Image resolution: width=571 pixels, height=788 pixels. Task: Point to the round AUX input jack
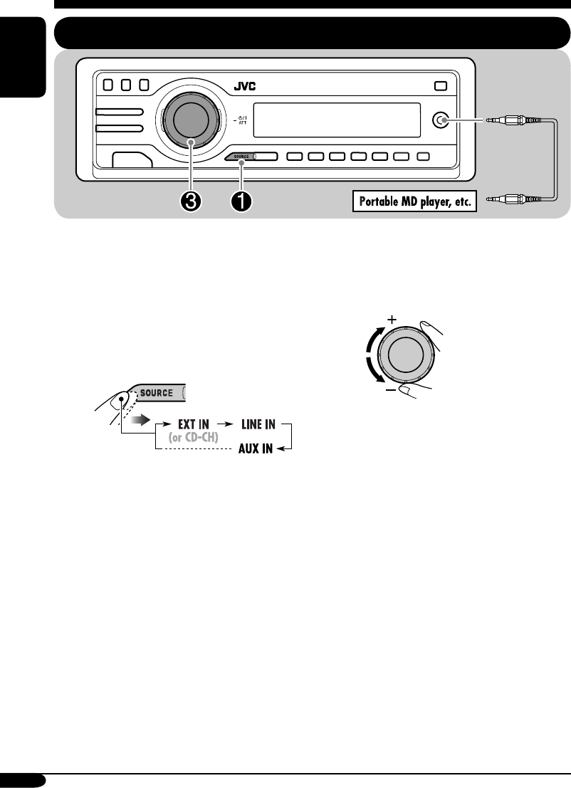(x=444, y=121)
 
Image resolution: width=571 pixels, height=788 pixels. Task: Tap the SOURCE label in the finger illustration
(x=155, y=393)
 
